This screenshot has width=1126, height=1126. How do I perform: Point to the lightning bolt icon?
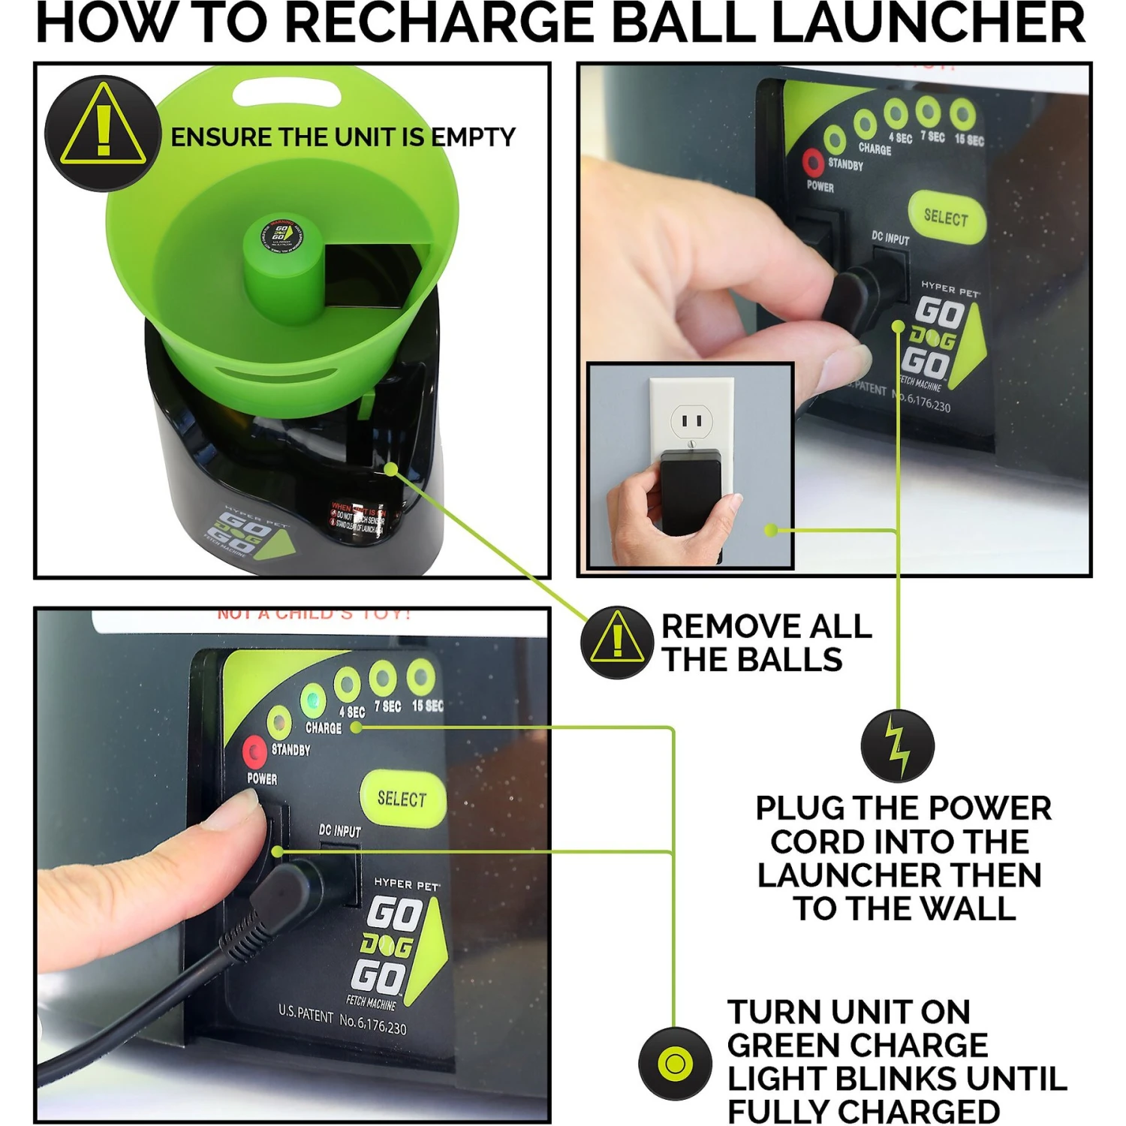coord(897,745)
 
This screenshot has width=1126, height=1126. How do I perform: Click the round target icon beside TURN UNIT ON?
coord(675,1064)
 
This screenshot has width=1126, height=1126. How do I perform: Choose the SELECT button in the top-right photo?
coord(946,218)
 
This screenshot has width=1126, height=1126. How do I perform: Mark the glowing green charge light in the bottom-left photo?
coord(312,701)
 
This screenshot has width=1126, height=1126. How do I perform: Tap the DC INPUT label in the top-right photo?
coord(890,238)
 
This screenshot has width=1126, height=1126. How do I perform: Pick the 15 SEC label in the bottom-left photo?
coord(427,706)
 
